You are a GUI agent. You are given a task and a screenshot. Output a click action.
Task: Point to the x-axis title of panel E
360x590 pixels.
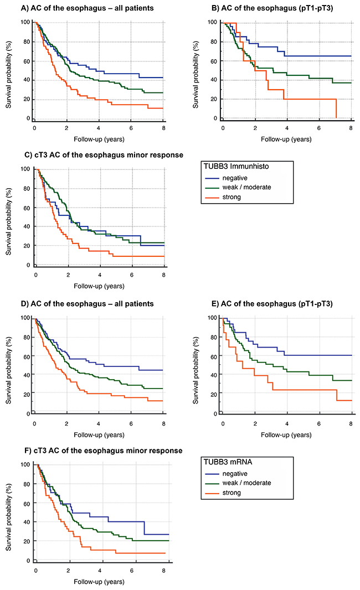point(286,435)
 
